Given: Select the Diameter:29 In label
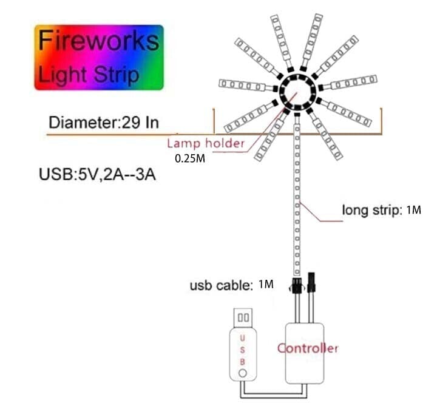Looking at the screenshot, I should (x=104, y=123).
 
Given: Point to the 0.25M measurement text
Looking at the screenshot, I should (x=190, y=158).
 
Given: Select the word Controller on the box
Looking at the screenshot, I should (x=307, y=348).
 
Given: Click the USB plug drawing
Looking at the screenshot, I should (x=243, y=346).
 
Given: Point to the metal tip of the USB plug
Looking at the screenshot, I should (x=243, y=317).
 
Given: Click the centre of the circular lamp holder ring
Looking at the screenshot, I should (x=296, y=92).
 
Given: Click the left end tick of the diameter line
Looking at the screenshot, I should (x=214, y=120).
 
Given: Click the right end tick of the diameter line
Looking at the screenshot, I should (x=381, y=120).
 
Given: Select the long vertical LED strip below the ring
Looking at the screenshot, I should (x=297, y=194).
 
